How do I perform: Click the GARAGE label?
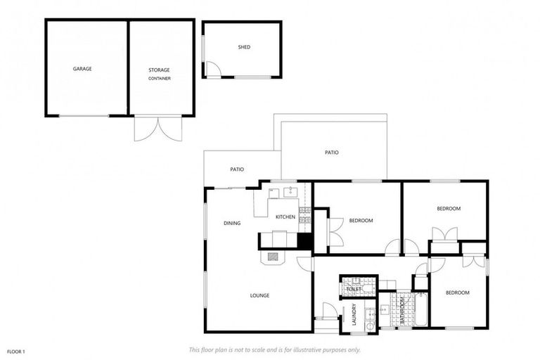(x=82, y=69)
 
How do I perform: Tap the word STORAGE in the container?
(x=159, y=70)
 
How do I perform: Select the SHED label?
(x=244, y=47)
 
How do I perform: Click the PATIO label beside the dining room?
(x=237, y=169)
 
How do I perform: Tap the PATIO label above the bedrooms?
(x=332, y=152)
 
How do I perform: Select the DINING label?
(x=232, y=223)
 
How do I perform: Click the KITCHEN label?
(x=285, y=217)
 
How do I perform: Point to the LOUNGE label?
(x=259, y=295)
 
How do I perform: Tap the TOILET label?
(x=354, y=289)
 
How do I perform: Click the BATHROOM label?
(x=403, y=310)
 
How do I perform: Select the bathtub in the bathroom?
(x=420, y=309)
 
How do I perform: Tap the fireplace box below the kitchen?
(x=273, y=257)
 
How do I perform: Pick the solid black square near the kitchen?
(x=304, y=240)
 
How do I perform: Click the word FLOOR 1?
(x=15, y=351)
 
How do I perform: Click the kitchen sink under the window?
(x=291, y=191)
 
